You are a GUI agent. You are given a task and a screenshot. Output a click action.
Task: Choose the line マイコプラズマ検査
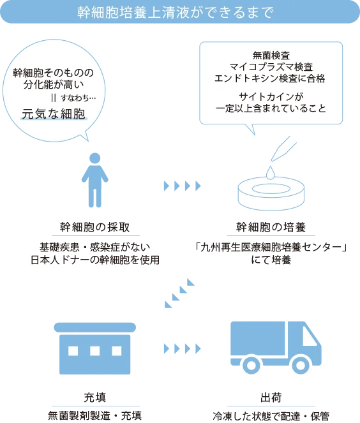[x=271, y=66]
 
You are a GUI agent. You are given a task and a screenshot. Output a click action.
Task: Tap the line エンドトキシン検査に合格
[x=271, y=78]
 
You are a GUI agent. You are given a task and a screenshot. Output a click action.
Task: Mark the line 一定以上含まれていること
[x=271, y=108]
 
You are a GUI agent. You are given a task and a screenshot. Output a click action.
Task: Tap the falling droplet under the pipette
[x=271, y=172]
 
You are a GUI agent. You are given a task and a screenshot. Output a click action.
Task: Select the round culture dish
[x=270, y=193]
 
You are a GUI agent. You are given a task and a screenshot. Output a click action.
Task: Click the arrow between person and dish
[x=183, y=186]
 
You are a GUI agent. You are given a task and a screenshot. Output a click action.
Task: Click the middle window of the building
[x=95, y=350]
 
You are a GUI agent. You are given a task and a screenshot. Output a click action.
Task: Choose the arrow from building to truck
[x=183, y=348]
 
